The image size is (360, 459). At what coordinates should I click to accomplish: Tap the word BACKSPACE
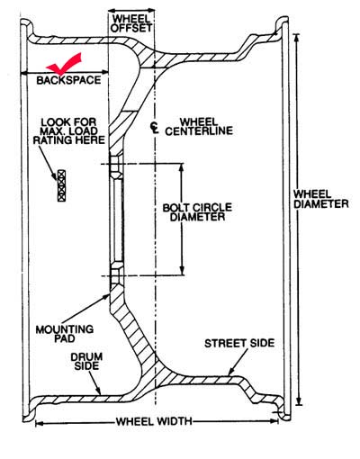click(x=68, y=80)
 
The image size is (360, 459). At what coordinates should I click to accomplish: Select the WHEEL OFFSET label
click(x=131, y=23)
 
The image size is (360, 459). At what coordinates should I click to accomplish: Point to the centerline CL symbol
click(x=155, y=128)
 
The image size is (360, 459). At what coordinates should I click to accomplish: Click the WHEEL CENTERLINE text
click(x=199, y=126)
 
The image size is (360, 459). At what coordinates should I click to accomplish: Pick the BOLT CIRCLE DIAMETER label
click(x=197, y=212)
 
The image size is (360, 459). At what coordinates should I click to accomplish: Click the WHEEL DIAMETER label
click(x=320, y=199)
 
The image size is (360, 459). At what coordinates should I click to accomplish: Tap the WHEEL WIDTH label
click(x=154, y=421)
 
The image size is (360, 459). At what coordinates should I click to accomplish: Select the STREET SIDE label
click(x=239, y=343)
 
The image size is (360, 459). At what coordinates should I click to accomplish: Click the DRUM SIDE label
click(x=86, y=361)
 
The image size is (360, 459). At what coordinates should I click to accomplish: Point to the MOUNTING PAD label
click(x=65, y=334)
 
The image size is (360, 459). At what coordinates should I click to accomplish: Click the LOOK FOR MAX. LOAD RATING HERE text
click(x=68, y=131)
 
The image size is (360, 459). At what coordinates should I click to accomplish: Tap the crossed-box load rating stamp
click(x=61, y=185)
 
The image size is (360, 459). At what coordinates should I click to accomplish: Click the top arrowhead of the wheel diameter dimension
click(x=297, y=38)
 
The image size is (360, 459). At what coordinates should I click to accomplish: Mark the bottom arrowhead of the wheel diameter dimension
click(x=298, y=401)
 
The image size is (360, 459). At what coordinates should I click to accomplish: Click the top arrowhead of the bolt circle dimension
click(x=181, y=167)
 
